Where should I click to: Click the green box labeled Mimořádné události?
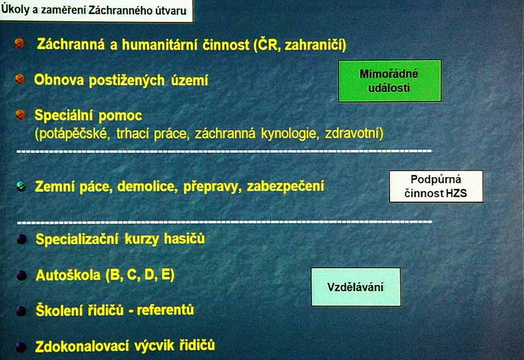(x=389, y=81)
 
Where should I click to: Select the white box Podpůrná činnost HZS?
(x=436, y=186)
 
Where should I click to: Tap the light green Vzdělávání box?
(x=356, y=287)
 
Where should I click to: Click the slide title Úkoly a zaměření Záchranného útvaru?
(x=94, y=10)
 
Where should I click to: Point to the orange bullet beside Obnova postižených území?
(x=20, y=79)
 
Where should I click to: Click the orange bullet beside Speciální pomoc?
(x=20, y=115)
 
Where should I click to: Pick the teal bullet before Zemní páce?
(x=21, y=186)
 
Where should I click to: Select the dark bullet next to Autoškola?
(x=21, y=275)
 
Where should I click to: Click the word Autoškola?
(x=68, y=275)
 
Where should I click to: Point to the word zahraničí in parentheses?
(x=315, y=45)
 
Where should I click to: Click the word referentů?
(x=166, y=310)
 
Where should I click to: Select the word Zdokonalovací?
(x=82, y=346)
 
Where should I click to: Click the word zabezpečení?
(x=285, y=186)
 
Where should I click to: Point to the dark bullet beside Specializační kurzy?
(x=21, y=239)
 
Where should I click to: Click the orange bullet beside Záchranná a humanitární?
(x=19, y=43)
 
